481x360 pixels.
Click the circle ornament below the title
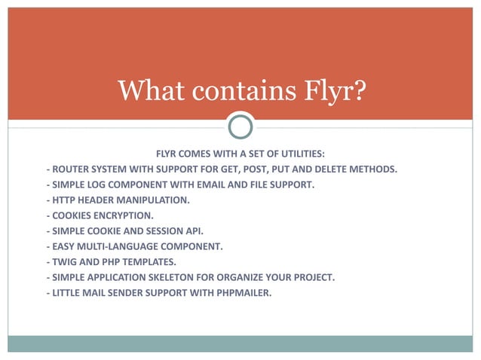coord(240,125)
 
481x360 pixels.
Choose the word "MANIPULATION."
coord(156,200)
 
